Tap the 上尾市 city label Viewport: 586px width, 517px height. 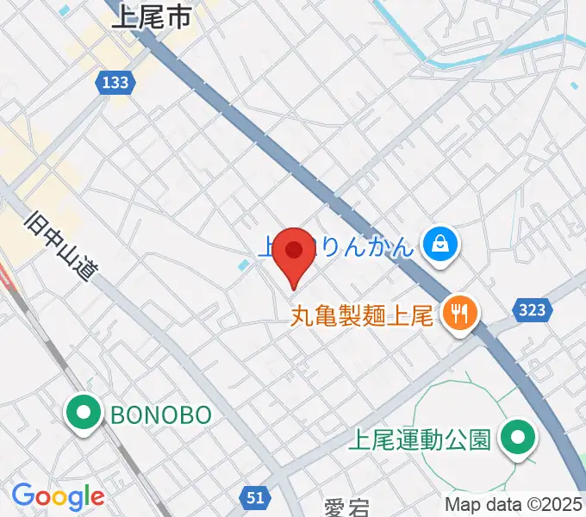(x=151, y=19)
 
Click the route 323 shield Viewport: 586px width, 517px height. (x=532, y=309)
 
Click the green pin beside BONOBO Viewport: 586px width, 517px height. (x=84, y=414)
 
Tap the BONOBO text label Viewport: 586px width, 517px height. (x=161, y=415)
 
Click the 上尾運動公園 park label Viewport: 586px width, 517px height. (x=420, y=440)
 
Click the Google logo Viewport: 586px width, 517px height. (x=57, y=495)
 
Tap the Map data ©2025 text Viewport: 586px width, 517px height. (x=514, y=504)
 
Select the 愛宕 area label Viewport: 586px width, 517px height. (x=346, y=508)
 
